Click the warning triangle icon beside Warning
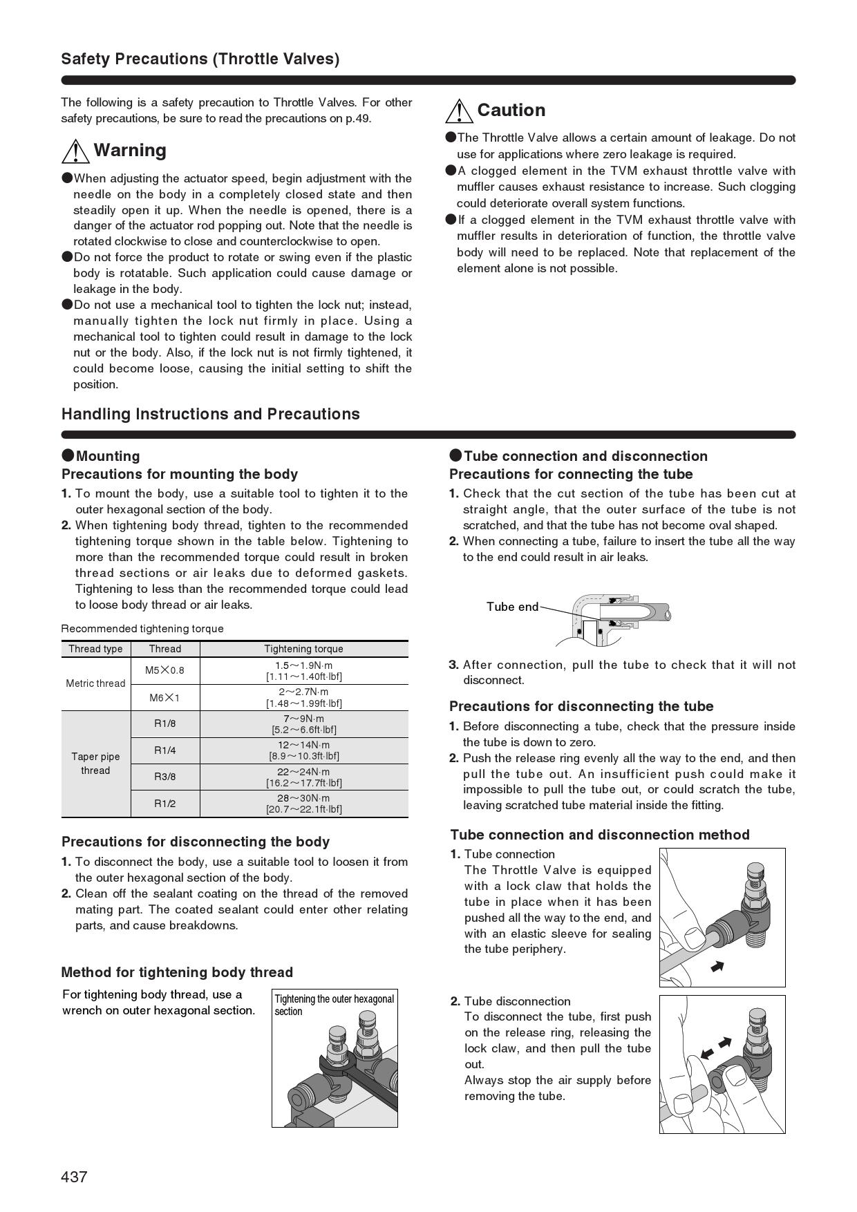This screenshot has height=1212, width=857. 75,151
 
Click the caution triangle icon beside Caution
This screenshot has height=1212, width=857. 460,111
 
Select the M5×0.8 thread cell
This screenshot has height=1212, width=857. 164,670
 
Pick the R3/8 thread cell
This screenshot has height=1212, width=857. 164,777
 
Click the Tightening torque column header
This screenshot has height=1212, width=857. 303,649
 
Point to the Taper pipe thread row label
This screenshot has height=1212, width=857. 95,764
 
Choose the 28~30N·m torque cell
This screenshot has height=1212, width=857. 303,804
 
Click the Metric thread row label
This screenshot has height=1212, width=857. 95,683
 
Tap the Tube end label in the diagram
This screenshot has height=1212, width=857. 512,607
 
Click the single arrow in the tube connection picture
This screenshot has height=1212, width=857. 717,966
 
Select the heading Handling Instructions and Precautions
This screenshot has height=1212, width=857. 211,414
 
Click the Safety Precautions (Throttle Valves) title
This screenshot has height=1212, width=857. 200,59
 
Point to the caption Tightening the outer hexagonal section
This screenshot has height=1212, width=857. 334,1005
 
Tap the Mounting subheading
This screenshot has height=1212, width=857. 108,456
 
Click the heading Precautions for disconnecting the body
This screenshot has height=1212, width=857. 196,842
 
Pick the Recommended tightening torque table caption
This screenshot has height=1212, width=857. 142,629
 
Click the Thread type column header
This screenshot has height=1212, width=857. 95,649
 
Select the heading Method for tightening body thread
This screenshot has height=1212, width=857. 177,972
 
